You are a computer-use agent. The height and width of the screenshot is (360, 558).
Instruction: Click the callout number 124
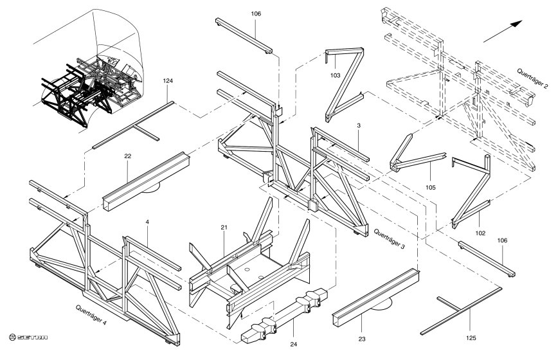point(168,81)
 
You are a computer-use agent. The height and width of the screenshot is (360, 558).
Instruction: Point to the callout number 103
point(335,75)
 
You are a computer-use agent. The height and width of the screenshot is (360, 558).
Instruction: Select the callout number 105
point(430,188)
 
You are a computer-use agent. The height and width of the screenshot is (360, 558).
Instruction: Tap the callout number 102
point(480,233)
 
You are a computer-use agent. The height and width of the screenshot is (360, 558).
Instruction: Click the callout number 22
point(128,156)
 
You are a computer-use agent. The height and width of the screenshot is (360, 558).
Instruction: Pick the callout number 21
point(224,228)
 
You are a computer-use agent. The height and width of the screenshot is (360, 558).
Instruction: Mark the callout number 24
point(293,344)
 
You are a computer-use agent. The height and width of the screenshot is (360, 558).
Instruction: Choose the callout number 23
point(361,339)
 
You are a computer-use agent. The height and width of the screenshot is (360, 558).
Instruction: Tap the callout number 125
point(471,338)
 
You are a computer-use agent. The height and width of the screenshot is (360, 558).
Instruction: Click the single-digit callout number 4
point(147,222)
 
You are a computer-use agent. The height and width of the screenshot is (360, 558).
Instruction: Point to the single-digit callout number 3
point(359,125)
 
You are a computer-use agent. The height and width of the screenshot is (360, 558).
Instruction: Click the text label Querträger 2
point(532,78)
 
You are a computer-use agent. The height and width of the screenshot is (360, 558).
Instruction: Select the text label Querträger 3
point(389,239)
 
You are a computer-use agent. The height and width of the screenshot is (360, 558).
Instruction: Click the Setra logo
point(28,337)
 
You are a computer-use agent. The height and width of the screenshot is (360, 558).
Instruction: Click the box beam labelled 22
point(147,181)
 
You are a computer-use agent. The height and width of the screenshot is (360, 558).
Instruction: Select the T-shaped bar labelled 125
point(461,310)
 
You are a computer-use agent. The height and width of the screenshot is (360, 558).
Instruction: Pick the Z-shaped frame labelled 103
point(344,85)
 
